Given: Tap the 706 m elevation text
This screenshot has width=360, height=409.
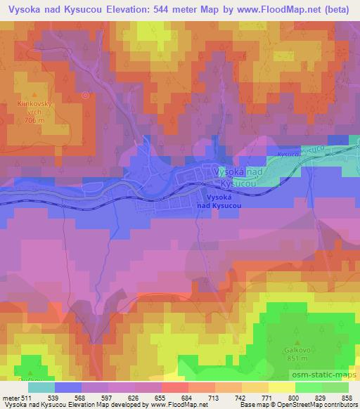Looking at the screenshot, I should (35, 120).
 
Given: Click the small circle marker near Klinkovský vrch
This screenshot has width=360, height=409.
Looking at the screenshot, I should (85, 94).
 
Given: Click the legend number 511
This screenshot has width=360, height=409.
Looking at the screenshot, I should (25, 398).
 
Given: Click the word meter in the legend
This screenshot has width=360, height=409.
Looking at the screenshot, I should (10, 398).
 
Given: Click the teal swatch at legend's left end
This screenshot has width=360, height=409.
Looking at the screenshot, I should (41, 387).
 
